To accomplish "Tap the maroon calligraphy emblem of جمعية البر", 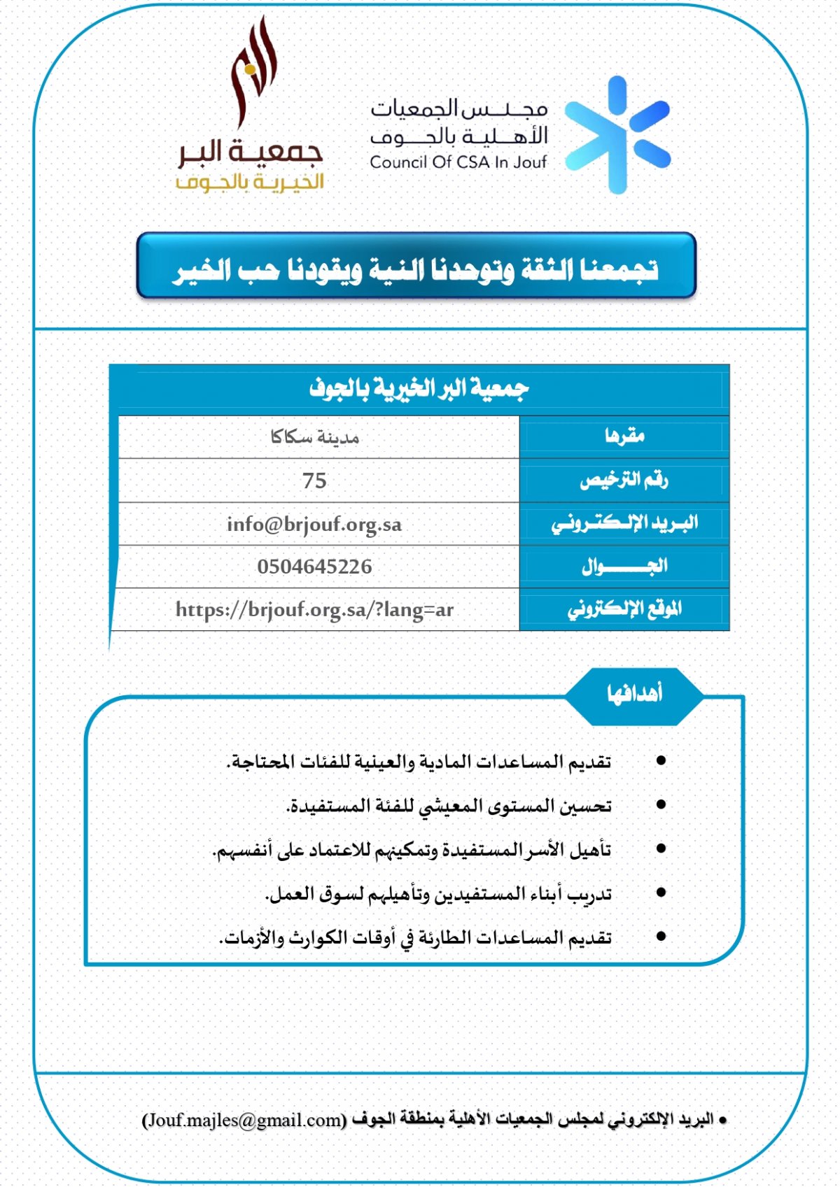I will pos(253,73).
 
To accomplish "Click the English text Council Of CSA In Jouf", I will pos(458,162).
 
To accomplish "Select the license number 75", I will pos(314,481).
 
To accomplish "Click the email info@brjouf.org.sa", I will pos(314,524).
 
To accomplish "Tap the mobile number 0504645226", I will pos(314,567).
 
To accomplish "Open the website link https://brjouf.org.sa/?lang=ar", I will pos(314,610).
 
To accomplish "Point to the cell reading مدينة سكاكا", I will pos(314,438).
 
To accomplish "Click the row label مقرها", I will pos(624,436).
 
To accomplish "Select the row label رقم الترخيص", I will pos(624,480).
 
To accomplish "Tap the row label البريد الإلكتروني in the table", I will pos(624,523).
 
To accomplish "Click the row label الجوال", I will pos(624,566).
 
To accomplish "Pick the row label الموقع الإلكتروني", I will pos(624,609).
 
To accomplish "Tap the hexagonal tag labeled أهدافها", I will pos(634,694).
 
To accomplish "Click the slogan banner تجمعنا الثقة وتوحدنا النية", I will pos(416,269).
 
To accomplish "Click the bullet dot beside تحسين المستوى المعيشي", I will pos(660,805).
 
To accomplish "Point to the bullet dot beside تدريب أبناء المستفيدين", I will pos(660,893).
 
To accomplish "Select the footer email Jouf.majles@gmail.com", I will pos(244,1120).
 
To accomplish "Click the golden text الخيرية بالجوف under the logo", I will pos(250,183).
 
